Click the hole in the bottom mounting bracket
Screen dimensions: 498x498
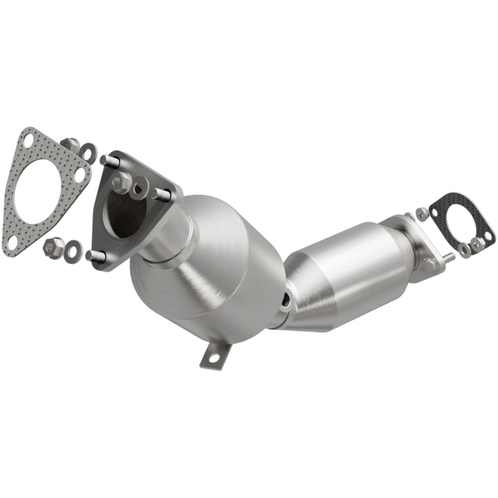(x=210, y=359)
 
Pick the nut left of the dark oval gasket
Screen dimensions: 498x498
(x=423, y=214)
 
